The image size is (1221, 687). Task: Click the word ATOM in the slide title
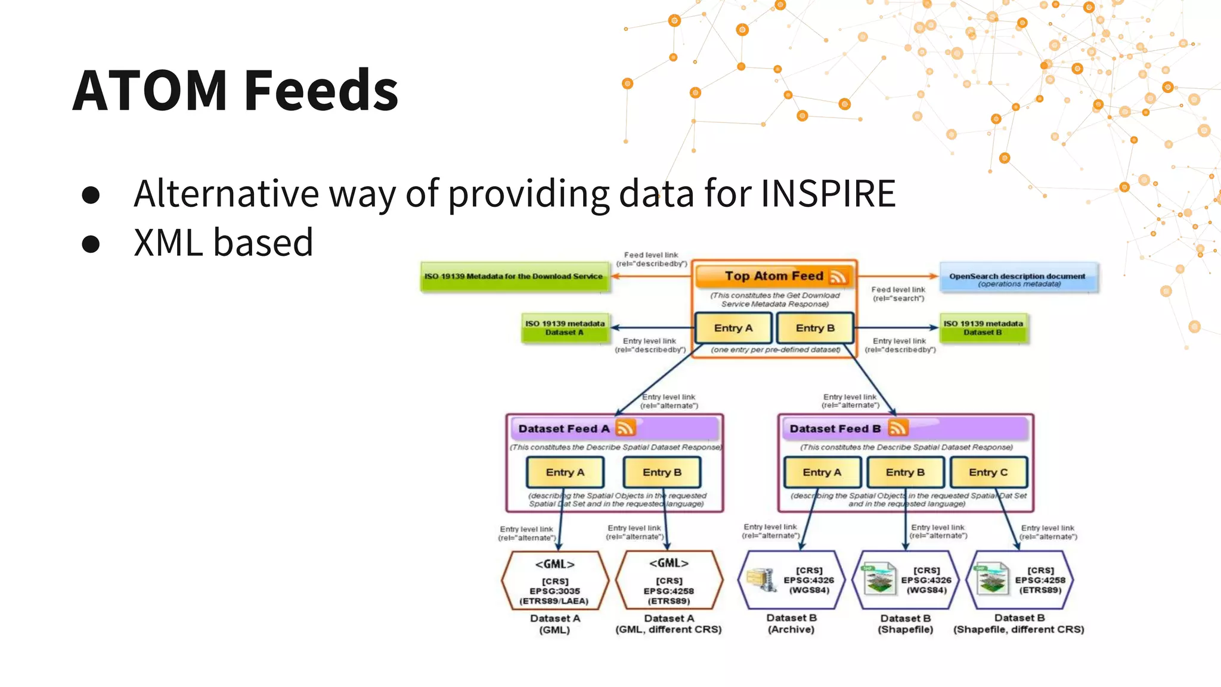point(150,91)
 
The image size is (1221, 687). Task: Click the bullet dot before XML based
point(91,244)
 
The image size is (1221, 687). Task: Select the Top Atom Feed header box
point(773,276)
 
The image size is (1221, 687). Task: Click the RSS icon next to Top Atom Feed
point(838,277)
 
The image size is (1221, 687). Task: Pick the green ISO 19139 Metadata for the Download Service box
point(514,277)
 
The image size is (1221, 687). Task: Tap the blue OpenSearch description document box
point(1018,278)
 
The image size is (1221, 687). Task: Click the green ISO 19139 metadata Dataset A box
point(565,328)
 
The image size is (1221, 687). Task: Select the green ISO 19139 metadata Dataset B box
point(983,328)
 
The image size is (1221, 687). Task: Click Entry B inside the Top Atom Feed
point(815,328)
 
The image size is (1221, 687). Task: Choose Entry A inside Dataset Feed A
point(565,472)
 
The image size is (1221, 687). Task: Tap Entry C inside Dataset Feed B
point(988,472)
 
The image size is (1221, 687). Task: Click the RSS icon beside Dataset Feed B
point(898,428)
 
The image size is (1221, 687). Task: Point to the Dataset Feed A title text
point(563,429)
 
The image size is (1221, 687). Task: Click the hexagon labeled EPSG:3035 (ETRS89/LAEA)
point(555,581)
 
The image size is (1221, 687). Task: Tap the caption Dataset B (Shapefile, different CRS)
point(1018,624)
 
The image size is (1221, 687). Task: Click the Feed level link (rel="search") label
point(898,294)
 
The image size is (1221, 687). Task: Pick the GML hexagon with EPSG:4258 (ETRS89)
point(669,581)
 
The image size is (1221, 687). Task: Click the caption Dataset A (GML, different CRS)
point(668,624)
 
